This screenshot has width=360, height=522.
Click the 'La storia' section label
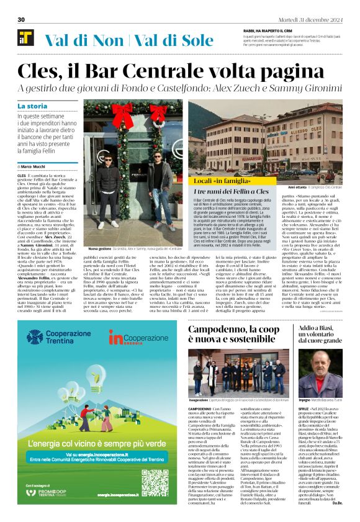32,106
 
